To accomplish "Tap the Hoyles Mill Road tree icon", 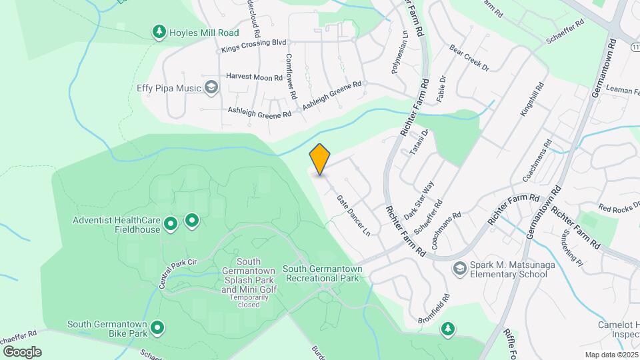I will [159, 31].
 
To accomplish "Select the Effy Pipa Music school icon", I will [211, 87].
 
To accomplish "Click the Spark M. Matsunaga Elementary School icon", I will [459, 269].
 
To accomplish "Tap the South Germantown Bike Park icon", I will [157, 327].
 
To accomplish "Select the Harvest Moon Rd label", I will [254, 77].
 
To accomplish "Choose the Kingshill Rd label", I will [532, 100].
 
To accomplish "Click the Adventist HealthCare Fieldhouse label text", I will [117, 225].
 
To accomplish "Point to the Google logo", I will [22, 351].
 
